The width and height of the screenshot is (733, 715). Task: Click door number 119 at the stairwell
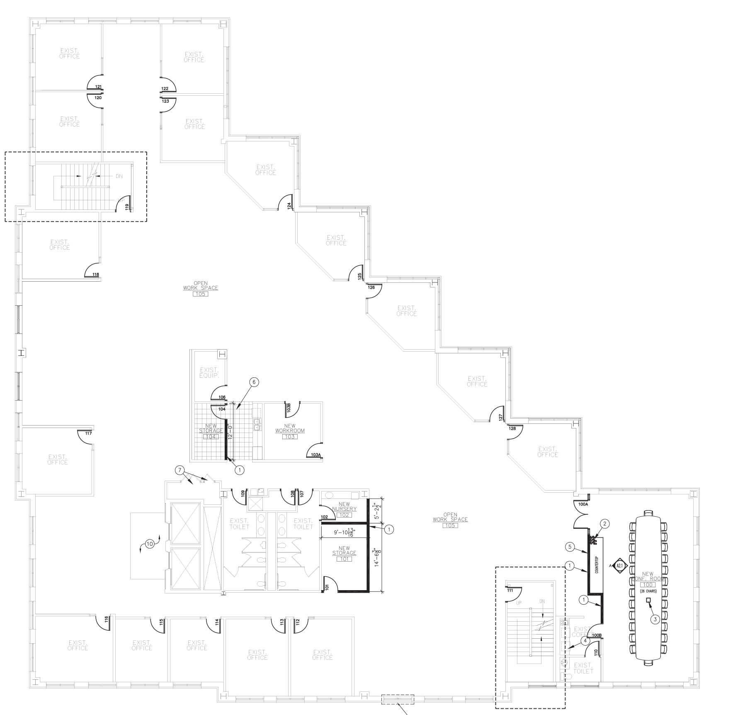pyautogui.click(x=127, y=206)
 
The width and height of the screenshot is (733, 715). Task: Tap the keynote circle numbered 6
pyautogui.click(x=253, y=382)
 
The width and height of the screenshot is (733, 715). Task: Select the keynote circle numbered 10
pyautogui.click(x=150, y=544)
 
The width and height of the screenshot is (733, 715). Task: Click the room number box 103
pyautogui.click(x=290, y=437)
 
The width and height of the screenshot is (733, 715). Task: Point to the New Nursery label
pyautogui.click(x=344, y=506)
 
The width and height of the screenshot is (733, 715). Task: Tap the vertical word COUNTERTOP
pyautogui.click(x=597, y=565)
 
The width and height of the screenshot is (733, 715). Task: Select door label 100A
pyautogui.click(x=583, y=505)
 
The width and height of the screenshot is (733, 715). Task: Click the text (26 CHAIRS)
pyautogui.click(x=648, y=591)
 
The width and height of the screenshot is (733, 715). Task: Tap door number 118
pyautogui.click(x=96, y=275)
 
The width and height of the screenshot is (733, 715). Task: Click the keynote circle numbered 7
pyautogui.click(x=179, y=470)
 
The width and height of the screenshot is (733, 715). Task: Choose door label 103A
pyautogui.click(x=316, y=455)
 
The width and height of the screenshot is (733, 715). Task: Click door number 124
pyautogui.click(x=289, y=206)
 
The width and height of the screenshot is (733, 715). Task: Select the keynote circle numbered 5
pyautogui.click(x=570, y=547)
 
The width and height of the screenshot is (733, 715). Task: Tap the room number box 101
pyautogui.click(x=344, y=559)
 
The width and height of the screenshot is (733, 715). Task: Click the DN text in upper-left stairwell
pyautogui.click(x=119, y=176)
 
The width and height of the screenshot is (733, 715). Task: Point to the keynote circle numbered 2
pyautogui.click(x=605, y=524)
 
